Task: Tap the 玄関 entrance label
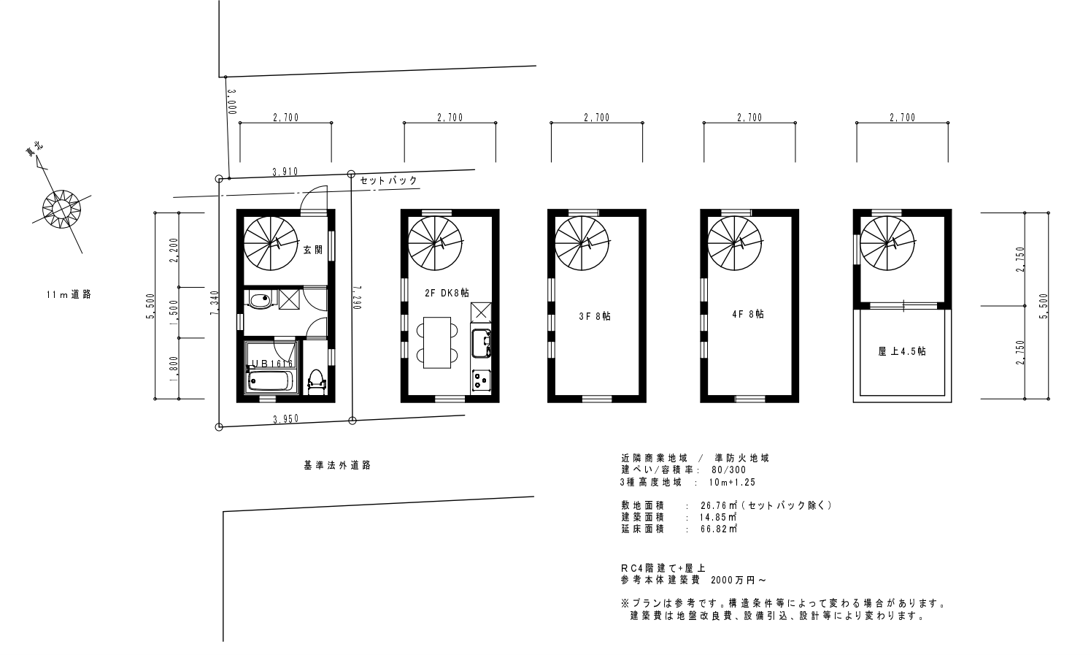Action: [312, 250]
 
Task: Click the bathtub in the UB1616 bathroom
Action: [269, 381]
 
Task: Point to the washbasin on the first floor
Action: [259, 299]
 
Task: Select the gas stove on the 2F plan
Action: [482, 380]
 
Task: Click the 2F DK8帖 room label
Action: [446, 293]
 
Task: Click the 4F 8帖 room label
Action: [747, 314]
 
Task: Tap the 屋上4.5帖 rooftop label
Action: [901, 351]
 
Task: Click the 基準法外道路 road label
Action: [337, 464]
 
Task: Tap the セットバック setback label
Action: [388, 180]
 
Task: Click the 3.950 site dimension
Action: [285, 420]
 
